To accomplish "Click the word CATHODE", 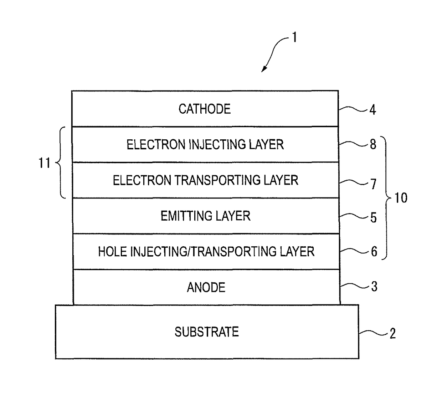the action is [205, 109].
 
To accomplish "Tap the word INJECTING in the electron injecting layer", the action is [217, 144].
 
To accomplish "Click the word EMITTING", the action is [185, 216].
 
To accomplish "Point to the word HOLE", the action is [112, 252].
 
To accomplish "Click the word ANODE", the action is [206, 287].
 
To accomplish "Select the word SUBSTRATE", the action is [207, 332].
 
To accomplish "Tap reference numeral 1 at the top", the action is [294, 37].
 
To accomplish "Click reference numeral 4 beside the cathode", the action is [373, 110].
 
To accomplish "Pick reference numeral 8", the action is [373, 144].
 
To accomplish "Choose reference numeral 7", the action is [373, 184].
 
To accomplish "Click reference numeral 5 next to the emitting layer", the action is [374, 217].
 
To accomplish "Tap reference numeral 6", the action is [374, 252].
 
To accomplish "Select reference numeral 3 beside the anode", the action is [374, 287].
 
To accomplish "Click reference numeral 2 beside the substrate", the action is [392, 334].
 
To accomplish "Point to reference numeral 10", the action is [401, 197].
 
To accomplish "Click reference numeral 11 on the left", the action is [45, 163].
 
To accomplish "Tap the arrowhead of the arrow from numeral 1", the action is [263, 70].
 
